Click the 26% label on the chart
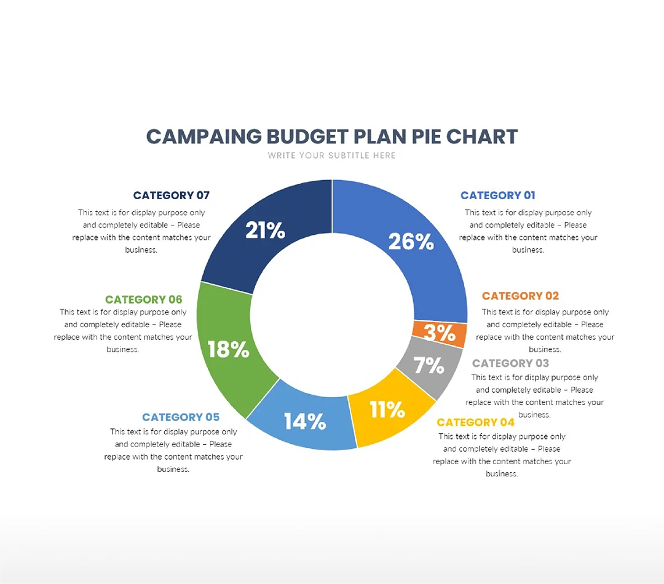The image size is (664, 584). pyautogui.click(x=411, y=242)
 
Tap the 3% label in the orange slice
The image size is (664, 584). pyautogui.click(x=439, y=333)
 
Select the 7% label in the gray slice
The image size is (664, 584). pyautogui.click(x=429, y=366)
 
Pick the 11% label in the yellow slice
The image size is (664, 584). pyautogui.click(x=387, y=409)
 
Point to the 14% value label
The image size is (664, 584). pyautogui.click(x=305, y=422)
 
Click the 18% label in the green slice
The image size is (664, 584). pyautogui.click(x=228, y=350)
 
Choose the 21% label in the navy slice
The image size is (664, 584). pyautogui.click(x=265, y=231)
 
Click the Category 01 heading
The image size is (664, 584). pyautogui.click(x=498, y=195)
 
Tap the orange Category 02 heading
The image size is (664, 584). pyautogui.click(x=520, y=296)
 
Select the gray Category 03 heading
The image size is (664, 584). pyautogui.click(x=510, y=363)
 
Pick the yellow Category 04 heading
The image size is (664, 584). pyautogui.click(x=475, y=422)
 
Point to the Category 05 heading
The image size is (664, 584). pyautogui.click(x=181, y=417)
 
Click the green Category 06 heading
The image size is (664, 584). pyautogui.click(x=144, y=300)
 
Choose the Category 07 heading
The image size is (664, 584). pyautogui.click(x=172, y=195)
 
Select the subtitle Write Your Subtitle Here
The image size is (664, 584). pyautogui.click(x=332, y=156)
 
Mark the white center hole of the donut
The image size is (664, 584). pyautogui.click(x=332, y=314)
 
